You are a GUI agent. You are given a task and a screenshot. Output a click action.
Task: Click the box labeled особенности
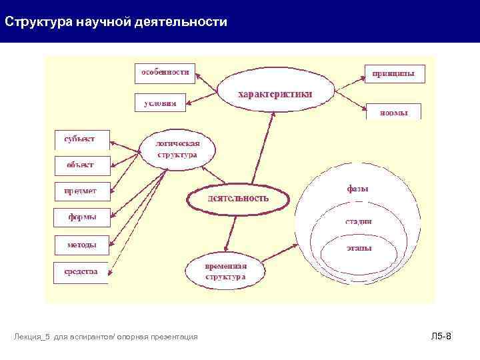(x=165, y=73)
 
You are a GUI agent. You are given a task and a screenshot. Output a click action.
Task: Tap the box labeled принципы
(x=394, y=73)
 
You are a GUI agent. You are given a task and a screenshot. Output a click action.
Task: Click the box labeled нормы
(x=394, y=112)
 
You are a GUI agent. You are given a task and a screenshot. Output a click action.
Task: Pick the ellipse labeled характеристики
(x=275, y=94)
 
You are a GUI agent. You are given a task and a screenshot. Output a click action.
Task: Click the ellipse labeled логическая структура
(x=177, y=149)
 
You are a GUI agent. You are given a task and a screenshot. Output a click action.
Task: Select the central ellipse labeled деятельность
(x=239, y=198)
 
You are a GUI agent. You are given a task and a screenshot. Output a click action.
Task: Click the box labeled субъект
(x=79, y=139)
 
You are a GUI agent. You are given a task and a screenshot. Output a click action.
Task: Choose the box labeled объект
(x=80, y=165)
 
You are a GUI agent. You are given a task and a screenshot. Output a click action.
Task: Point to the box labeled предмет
(x=80, y=191)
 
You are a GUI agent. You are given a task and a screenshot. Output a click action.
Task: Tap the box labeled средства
(x=81, y=272)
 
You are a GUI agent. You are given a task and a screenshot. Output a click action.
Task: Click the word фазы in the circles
(x=358, y=189)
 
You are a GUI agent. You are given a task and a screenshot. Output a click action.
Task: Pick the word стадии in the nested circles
(x=359, y=221)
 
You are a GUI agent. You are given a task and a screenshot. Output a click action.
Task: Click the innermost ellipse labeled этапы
(x=359, y=248)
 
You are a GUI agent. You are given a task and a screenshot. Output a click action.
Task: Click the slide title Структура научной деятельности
(x=115, y=22)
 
